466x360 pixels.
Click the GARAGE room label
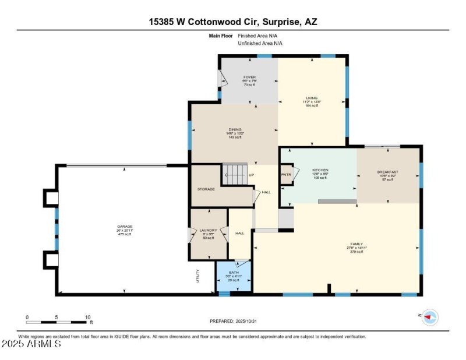[125, 226]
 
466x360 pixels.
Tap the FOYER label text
[249, 77]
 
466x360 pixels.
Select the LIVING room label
[312, 98]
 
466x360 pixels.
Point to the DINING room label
[235, 129]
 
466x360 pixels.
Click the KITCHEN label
[320, 170]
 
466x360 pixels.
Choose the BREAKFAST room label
[387, 172]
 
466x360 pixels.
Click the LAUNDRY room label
[208, 230]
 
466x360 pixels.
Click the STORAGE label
[206, 189]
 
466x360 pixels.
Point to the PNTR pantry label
[286, 174]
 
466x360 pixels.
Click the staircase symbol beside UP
[235, 173]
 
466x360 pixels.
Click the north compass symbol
[430, 317]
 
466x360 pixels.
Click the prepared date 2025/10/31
[233, 321]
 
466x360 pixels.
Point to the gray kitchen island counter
[337, 202]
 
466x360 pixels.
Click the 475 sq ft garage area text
[125, 234]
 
